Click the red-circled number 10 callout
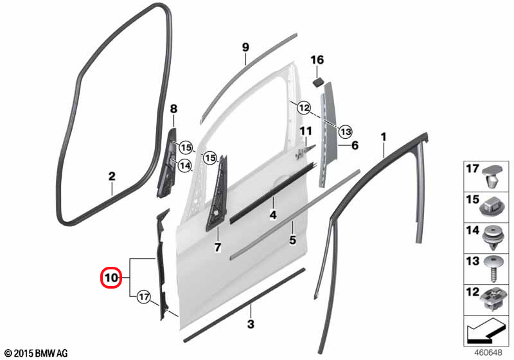click(111, 278)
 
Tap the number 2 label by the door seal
click(112, 176)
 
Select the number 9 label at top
click(245, 47)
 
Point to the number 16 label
click(317, 60)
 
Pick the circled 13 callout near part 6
click(345, 132)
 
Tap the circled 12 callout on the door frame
click(304, 107)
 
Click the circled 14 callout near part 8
click(184, 166)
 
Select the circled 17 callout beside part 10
click(143, 298)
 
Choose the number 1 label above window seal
click(384, 137)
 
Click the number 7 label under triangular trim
click(218, 248)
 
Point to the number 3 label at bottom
click(251, 324)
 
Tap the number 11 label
click(306, 132)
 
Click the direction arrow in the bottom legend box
click(485, 331)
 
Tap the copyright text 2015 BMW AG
click(37, 353)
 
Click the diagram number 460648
click(488, 352)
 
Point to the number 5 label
click(292, 240)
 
